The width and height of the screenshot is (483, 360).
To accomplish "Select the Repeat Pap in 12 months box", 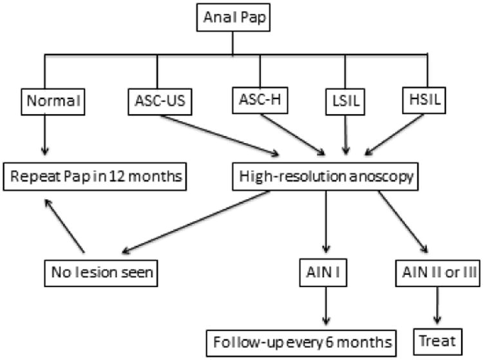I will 95,176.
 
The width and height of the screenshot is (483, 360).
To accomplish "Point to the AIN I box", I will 328,271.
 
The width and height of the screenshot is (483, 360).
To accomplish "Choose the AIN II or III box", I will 439,271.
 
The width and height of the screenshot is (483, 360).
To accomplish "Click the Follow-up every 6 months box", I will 301,339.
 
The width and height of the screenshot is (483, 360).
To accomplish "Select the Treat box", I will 439,339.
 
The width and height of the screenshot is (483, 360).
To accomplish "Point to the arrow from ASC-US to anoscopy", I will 219,135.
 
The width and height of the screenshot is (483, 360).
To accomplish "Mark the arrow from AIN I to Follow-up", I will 328,305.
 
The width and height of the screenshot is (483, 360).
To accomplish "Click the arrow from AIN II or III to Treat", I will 439,305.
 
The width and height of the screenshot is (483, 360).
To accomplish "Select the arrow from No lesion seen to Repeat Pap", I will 64,225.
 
